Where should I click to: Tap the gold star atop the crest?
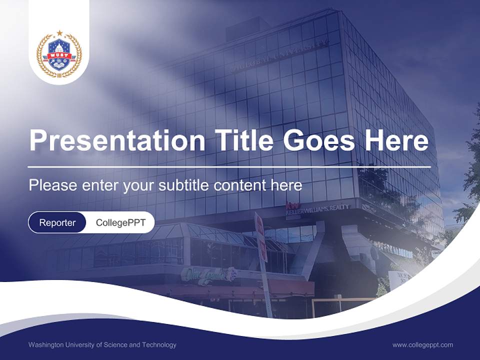[x=59, y=33]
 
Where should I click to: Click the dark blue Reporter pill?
[x=57, y=222]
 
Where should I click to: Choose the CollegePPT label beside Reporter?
[x=120, y=222]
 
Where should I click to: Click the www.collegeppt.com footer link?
[x=422, y=344]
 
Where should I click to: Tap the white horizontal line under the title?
[x=229, y=166]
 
